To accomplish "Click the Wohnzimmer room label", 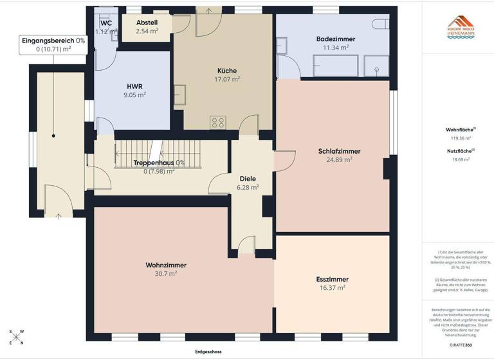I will tap(161, 264).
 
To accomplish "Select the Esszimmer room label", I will tap(332, 280).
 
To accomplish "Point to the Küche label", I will tap(226, 71).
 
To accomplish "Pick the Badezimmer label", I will tap(336, 39).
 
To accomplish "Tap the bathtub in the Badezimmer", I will tap(335, 65).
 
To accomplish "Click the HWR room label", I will tap(134, 86).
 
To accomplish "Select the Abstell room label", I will tap(147, 21).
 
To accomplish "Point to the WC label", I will tap(106, 23).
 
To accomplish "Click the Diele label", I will tap(248, 179).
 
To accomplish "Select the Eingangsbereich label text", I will tap(53, 40).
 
